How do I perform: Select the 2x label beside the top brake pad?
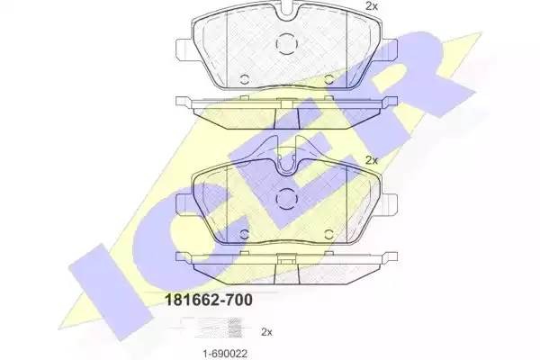click(371, 7)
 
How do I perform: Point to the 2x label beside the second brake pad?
click(371, 159)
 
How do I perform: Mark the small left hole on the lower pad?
click(244, 231)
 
